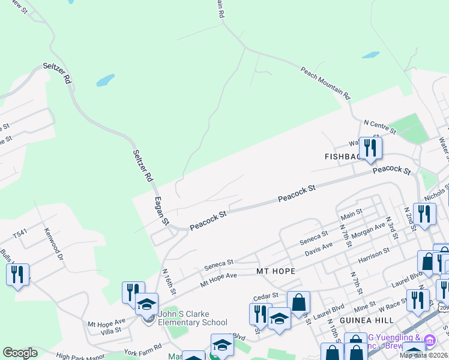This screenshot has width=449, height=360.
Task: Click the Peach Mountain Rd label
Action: point(325,82)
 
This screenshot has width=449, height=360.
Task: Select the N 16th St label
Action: point(169,281)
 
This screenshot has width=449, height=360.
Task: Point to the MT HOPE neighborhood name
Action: point(276,271)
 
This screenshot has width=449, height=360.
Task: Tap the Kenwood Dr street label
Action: point(52,245)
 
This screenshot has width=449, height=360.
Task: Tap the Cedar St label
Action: point(267,295)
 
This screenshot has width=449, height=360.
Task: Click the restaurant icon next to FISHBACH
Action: point(370,148)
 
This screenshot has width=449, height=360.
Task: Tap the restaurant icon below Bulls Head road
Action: point(17,274)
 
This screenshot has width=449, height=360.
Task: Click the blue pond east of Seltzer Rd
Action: point(105,80)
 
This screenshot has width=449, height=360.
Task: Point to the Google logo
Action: point(20,353)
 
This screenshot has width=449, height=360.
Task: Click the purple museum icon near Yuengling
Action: point(430,341)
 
